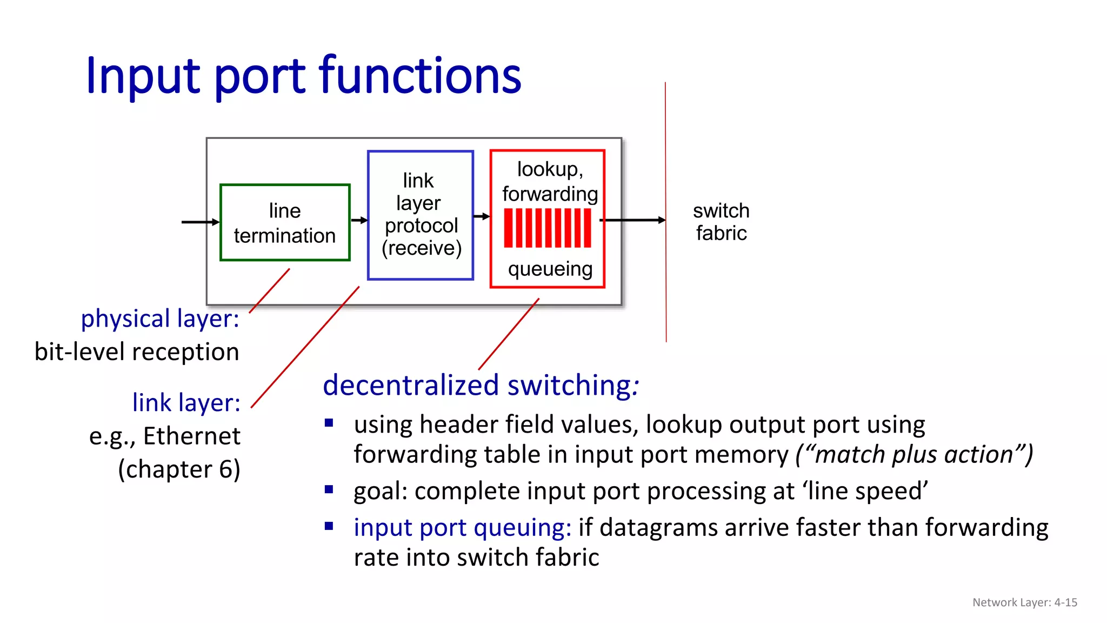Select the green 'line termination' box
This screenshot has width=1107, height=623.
285,223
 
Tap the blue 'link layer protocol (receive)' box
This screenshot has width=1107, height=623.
421,215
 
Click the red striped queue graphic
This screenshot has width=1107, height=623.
548,228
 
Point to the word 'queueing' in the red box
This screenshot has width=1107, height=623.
550,269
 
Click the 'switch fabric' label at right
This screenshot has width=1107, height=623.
721,222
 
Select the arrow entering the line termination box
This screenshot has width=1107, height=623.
201,222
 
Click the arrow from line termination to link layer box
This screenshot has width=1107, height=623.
359,220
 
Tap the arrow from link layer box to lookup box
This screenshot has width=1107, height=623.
481,216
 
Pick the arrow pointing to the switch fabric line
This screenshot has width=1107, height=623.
632,220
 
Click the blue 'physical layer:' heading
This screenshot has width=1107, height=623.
160,319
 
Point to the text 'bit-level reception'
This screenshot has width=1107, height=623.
137,352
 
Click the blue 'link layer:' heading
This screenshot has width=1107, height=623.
186,403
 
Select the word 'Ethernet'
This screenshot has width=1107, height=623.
192,436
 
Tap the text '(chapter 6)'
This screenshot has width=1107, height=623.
179,469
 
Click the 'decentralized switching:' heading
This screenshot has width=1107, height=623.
481,386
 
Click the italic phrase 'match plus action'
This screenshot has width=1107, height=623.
914,454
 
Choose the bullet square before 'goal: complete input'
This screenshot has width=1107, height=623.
329,489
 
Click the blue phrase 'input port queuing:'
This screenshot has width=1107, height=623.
462,527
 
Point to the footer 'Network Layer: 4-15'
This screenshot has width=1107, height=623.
1024,602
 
